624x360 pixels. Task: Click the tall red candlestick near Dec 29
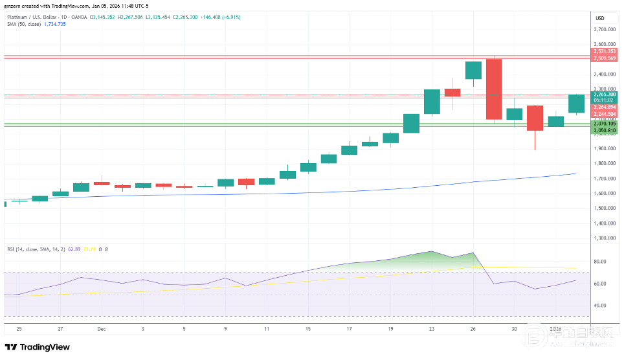(494, 89)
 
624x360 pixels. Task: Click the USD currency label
(599, 18)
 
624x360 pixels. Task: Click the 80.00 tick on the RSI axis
(599, 262)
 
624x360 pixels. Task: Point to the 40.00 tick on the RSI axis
(599, 306)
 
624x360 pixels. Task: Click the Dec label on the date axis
(101, 329)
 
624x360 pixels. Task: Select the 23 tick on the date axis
(432, 329)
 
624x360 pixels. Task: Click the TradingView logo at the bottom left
(38, 347)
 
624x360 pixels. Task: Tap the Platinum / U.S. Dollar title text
(39, 17)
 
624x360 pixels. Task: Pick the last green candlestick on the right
(576, 104)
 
